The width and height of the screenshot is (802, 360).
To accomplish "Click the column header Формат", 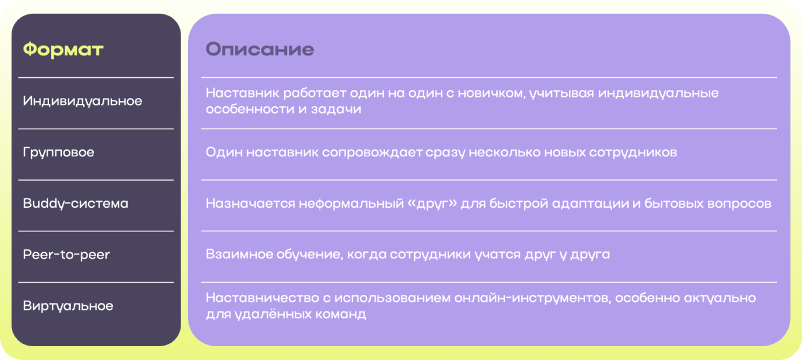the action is coord(63,50).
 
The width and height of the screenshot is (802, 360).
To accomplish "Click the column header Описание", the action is coord(260,49).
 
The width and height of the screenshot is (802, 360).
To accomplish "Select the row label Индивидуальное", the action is coord(83,102).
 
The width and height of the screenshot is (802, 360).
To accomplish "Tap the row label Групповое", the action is coord(58,152).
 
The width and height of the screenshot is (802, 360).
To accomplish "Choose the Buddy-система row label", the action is coord(76,204).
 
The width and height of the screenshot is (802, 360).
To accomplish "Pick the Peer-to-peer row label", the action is coord(66,254).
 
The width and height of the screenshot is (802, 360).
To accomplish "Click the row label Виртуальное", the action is coord(68,306).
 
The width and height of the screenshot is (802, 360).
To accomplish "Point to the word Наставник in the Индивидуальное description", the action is coord(242,93).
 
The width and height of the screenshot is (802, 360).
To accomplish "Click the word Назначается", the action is coord(250,204).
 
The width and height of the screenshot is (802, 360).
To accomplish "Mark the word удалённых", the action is coord(271,314).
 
